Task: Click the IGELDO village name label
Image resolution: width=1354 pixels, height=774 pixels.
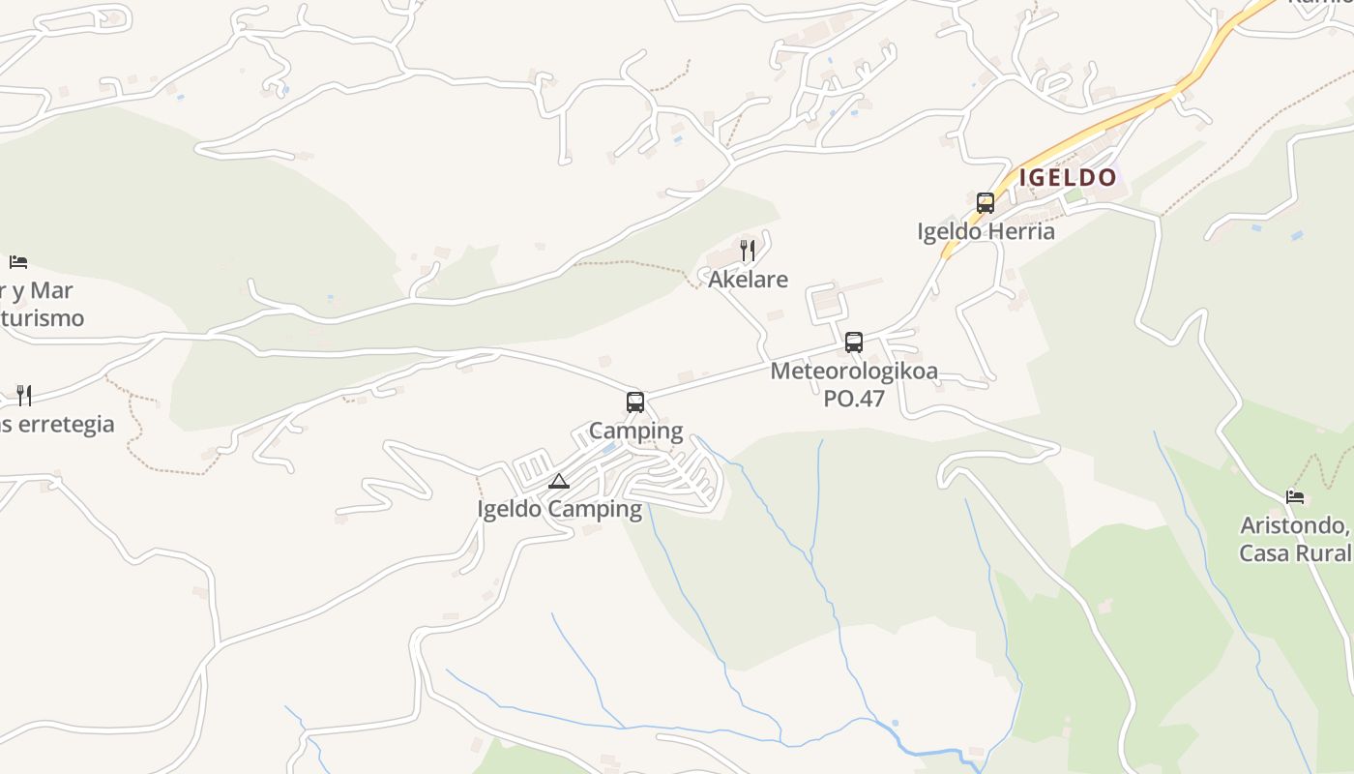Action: pyautogui.click(x=1068, y=178)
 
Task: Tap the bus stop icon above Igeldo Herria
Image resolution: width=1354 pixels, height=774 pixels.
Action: pyautogui.click(x=986, y=203)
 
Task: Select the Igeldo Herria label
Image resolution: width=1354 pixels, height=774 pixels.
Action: pyautogui.click(x=986, y=232)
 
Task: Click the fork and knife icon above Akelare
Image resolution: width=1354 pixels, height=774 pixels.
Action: pyautogui.click(x=747, y=252)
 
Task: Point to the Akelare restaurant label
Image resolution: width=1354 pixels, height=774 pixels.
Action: pyautogui.click(x=748, y=280)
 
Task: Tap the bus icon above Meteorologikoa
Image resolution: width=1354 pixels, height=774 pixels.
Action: pyautogui.click(x=853, y=342)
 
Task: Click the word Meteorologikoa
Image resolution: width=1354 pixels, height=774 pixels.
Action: pyautogui.click(x=854, y=371)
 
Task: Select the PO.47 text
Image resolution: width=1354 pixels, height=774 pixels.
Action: pyautogui.click(x=854, y=398)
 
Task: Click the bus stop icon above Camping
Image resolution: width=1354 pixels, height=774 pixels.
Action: pyautogui.click(x=635, y=402)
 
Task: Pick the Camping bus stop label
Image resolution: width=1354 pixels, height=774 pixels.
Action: pyautogui.click(x=635, y=431)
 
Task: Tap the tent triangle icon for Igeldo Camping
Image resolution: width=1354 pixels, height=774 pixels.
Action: pyautogui.click(x=559, y=481)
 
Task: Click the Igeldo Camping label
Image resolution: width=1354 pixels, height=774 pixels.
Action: pyautogui.click(x=559, y=509)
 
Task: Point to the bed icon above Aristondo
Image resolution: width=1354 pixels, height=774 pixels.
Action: pyautogui.click(x=1295, y=497)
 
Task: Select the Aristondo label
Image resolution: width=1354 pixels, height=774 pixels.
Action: pyautogui.click(x=1295, y=526)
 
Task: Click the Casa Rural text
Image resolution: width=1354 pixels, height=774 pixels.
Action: pyautogui.click(x=1295, y=553)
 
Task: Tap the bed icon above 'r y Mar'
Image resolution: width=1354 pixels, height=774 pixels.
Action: pyautogui.click(x=18, y=262)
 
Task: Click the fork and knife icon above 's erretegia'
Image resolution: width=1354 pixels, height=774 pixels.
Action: pyautogui.click(x=24, y=395)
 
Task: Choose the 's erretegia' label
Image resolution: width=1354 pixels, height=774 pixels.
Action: pyautogui.click(x=57, y=424)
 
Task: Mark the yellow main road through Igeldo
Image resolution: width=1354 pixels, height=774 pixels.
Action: pyautogui.click(x=1112, y=121)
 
